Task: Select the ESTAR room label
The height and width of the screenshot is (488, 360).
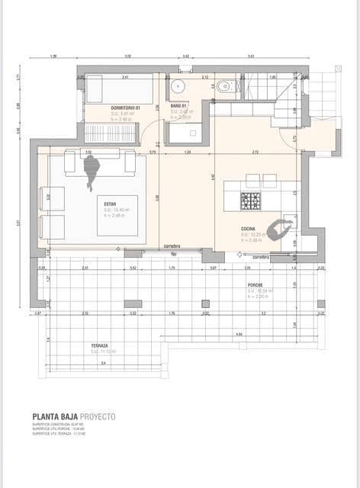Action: pos(111,204)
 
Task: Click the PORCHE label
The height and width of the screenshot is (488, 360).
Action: pos(255,287)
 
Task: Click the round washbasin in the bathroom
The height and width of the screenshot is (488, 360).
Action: pos(178,85)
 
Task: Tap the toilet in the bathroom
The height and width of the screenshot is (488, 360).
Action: pos(223,88)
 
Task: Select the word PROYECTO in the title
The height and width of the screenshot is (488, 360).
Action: pos(98,416)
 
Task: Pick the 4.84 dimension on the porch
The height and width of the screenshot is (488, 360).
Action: pos(239,334)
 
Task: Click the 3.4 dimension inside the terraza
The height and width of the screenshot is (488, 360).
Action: pos(103,363)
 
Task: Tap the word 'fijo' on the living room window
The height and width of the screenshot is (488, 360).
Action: pos(174,253)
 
